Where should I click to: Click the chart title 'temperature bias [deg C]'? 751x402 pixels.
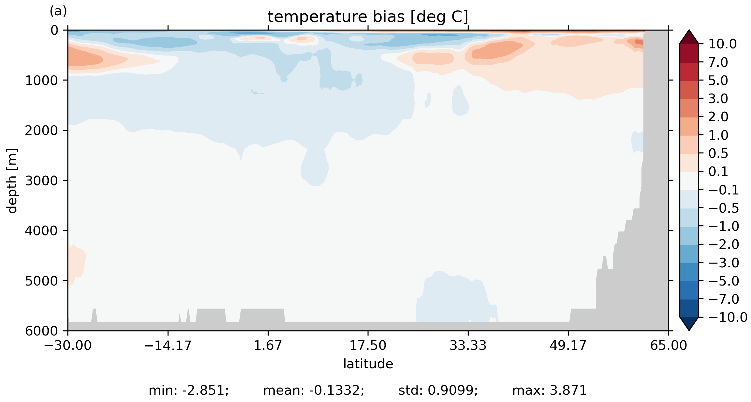point(368,17)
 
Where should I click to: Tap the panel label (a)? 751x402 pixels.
point(58,11)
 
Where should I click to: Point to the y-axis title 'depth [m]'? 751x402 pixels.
point(12,180)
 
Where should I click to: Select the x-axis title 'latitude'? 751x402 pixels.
point(368,364)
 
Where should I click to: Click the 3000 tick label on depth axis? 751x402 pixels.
point(42,181)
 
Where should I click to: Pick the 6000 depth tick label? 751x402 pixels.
point(42,331)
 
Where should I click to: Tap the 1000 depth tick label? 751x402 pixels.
point(42,81)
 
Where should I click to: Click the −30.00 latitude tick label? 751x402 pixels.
point(68,345)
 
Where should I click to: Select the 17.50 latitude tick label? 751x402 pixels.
point(368,345)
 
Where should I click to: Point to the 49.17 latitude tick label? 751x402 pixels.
point(568,345)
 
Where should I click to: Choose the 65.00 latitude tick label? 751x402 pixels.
point(668,345)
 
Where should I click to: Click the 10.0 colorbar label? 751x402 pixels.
point(722,44)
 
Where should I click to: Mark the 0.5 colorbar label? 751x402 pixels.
point(718,154)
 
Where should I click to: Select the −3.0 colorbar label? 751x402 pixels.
point(724,263)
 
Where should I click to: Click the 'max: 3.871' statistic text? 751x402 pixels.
point(549,391)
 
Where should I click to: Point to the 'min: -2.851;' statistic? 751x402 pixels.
point(189,391)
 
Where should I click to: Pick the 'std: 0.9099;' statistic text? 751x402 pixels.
point(438,391)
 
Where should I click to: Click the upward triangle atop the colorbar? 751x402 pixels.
point(689,37)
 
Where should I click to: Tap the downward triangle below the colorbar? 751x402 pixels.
point(689,323)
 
